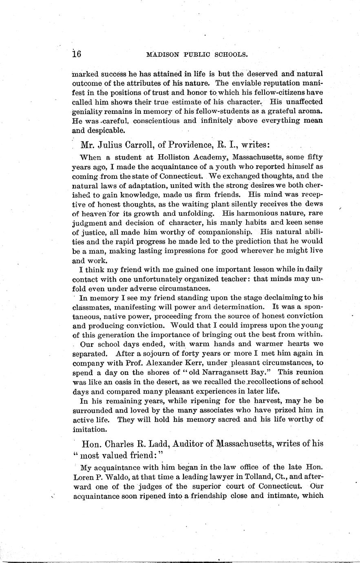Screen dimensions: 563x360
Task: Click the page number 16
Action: tap(77, 54)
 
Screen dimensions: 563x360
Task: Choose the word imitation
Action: tap(89, 429)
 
